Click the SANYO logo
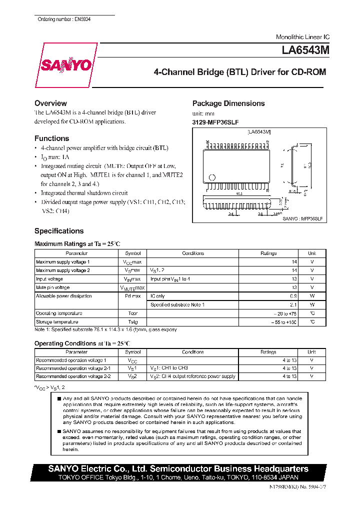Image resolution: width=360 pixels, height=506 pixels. (65, 65)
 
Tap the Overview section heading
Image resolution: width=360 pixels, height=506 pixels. (50, 103)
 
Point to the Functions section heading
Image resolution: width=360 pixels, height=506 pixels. (51, 138)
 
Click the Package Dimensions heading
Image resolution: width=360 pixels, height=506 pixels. (228, 103)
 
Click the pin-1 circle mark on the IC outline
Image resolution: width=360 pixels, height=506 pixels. (212, 177)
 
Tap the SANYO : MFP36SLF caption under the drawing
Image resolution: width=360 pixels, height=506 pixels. (302, 219)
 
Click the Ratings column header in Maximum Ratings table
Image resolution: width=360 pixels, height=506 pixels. (268, 253)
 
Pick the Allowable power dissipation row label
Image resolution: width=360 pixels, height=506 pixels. (63, 296)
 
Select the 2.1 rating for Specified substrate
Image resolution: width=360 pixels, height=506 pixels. (293, 304)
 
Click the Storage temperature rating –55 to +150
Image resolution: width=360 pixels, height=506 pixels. (284, 322)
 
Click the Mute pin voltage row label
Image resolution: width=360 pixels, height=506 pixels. (52, 287)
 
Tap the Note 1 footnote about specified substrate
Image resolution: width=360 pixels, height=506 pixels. (105, 330)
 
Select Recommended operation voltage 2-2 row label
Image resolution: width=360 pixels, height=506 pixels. (73, 376)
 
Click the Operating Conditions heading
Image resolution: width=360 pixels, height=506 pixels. (81, 343)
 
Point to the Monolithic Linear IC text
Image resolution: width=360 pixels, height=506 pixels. (302, 37)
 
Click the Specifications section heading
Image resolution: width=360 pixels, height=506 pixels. (59, 231)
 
